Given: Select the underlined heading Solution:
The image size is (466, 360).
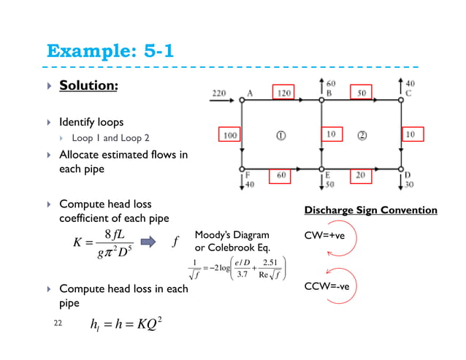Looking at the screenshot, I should [88, 85].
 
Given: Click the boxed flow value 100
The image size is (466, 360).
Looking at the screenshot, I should [231, 135].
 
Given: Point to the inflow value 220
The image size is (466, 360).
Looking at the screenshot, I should [218, 93].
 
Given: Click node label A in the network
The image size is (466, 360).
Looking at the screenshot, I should [251, 93].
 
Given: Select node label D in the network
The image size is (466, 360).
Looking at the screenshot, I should [408, 175].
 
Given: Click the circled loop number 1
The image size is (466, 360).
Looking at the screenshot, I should [280, 134].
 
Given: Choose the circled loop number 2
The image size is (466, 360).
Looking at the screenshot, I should [361, 134].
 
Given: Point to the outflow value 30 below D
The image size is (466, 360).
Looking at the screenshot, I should [410, 184].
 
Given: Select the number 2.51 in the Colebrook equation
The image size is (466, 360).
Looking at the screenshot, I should [272, 261].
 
